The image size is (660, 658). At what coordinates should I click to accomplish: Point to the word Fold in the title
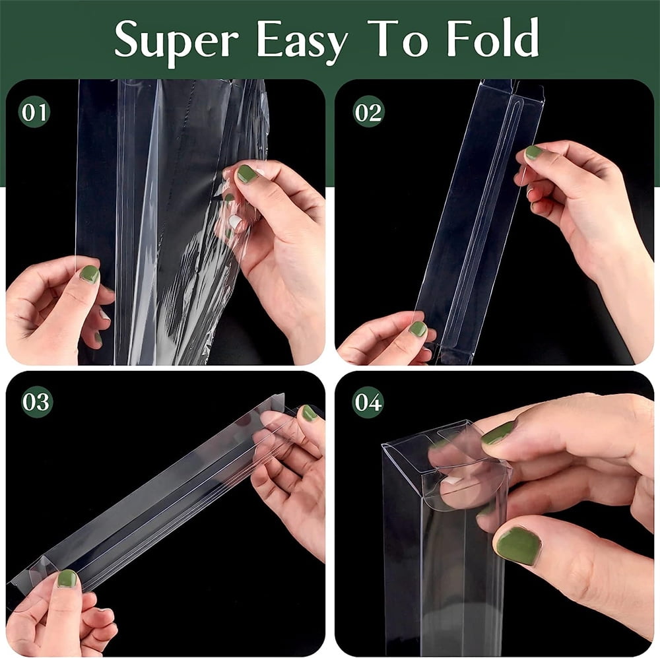click(x=492, y=37)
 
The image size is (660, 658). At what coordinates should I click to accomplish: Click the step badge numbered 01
click(x=34, y=112)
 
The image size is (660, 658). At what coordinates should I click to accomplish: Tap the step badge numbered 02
click(x=368, y=112)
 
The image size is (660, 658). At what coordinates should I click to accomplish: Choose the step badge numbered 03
click(x=36, y=402)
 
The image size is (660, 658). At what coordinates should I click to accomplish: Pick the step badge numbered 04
click(x=368, y=402)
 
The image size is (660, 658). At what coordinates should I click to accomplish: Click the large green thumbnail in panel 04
click(x=519, y=546)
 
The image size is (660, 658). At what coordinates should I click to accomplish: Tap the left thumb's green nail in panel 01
click(x=90, y=274)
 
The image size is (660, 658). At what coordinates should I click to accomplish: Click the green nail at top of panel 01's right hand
click(x=247, y=174)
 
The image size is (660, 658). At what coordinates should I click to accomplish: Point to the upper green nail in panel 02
click(x=534, y=152)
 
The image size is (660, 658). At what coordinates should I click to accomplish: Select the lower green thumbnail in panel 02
click(x=418, y=329)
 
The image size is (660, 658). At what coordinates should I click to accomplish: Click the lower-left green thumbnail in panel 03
click(x=67, y=579)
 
